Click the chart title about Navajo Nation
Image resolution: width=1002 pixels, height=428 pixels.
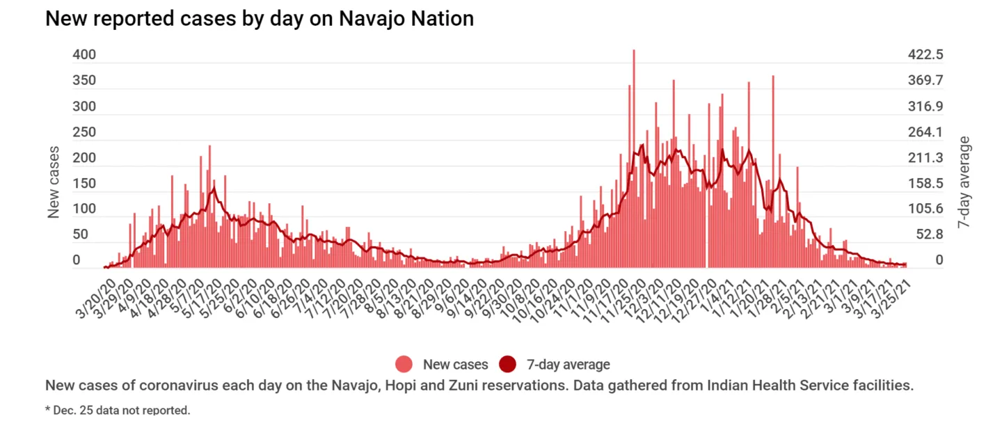click(x=260, y=19)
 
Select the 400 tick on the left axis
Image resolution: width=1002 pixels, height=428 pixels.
click(x=84, y=54)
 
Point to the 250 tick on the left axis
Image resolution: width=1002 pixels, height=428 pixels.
click(x=84, y=132)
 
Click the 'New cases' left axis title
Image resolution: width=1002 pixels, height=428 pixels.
click(x=54, y=182)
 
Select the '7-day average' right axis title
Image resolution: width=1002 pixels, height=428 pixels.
click(x=964, y=182)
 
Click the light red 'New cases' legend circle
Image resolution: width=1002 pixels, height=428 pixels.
click(x=404, y=364)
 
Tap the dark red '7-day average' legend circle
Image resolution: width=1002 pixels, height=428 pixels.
click(x=508, y=364)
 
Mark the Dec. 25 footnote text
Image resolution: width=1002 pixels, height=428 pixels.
click(x=118, y=409)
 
